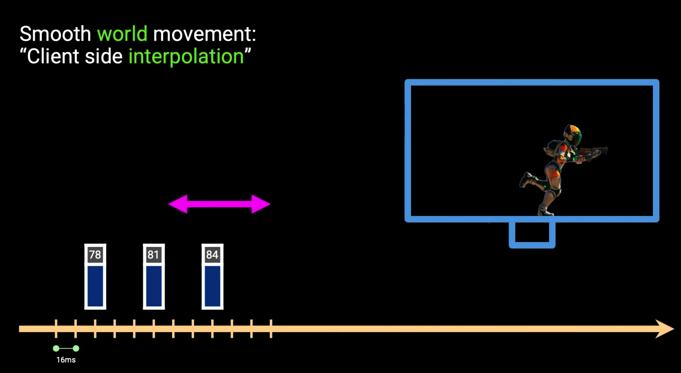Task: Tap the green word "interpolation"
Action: tap(186, 56)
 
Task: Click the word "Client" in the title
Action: tap(53, 56)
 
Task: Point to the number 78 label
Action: tap(95, 255)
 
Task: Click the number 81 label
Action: tap(154, 255)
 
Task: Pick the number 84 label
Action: tap(212, 255)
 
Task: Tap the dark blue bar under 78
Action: tap(95, 286)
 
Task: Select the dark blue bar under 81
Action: tap(154, 286)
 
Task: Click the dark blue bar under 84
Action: tap(212, 286)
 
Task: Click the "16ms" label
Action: tap(66, 360)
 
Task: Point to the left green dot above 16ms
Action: tap(56, 349)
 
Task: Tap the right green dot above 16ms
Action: tap(76, 349)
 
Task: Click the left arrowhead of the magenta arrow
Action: tap(178, 204)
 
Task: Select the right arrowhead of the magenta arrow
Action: tap(261, 204)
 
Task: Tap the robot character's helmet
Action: tap(573, 135)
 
